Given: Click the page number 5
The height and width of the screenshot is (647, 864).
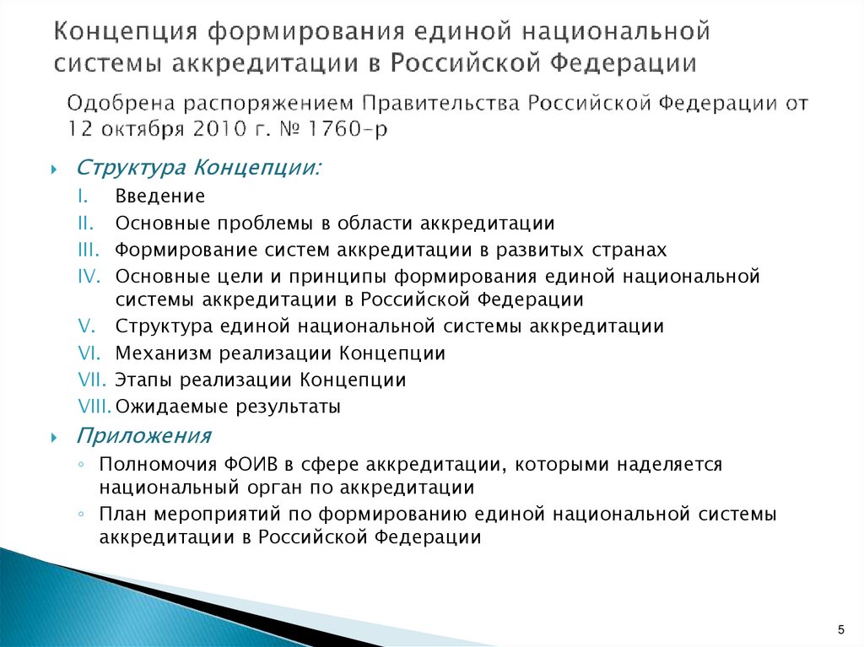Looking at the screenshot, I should click(x=840, y=630).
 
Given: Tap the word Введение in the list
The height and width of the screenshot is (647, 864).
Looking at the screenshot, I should click(x=160, y=197).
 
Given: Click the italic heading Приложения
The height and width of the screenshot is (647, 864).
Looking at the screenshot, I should click(x=144, y=436).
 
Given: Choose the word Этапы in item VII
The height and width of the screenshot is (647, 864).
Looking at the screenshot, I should click(x=141, y=380).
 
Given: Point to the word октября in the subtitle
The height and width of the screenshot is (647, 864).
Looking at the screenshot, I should click(x=130, y=128).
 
